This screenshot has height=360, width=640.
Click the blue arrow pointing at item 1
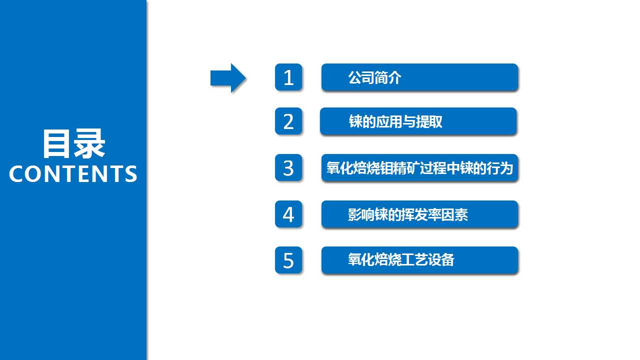coord(228,78)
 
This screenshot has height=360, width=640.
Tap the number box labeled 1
coord(288,77)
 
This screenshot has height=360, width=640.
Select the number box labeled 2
coord(288,121)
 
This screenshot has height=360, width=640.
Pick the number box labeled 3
coord(288,167)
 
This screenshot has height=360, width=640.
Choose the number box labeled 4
coord(288,214)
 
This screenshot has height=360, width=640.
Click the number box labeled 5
coord(288,260)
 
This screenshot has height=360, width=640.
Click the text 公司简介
coord(374,77)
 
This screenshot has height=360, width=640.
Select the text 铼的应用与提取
coord(395,121)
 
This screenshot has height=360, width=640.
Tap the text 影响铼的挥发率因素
coord(407,214)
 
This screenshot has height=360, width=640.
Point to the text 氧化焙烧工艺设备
coord(401,259)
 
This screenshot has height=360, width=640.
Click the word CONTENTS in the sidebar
coord(73,173)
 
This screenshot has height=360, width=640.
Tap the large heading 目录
coord(74,143)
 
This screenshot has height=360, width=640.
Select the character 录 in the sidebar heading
coord(89,143)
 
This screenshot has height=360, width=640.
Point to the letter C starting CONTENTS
coord(16,173)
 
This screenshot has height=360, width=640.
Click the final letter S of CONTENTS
coord(131,173)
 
